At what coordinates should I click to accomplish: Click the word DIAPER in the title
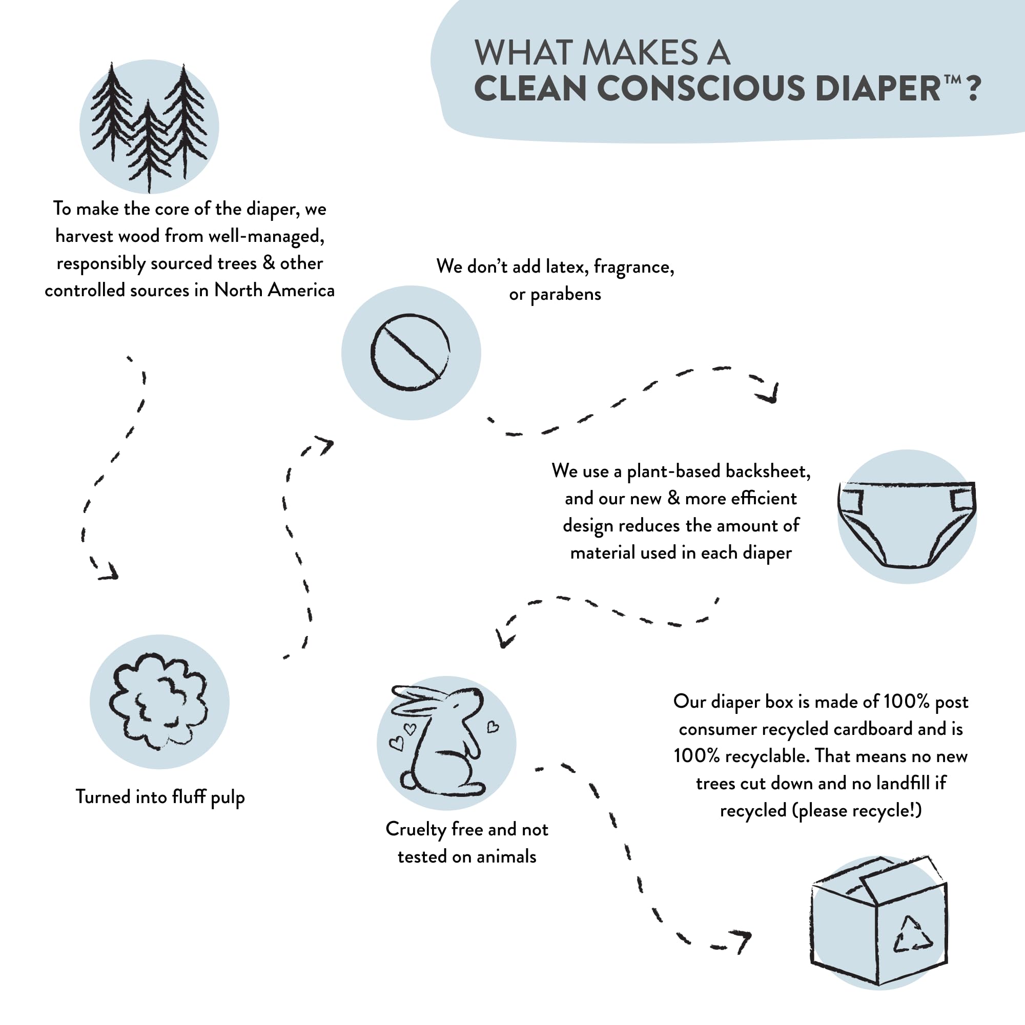(877, 89)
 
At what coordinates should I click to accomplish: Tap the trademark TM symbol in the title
(952, 79)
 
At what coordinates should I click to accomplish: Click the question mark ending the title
(974, 89)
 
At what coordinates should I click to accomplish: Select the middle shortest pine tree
(149, 146)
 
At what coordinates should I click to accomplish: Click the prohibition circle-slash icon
(410, 352)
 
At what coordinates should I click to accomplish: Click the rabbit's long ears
(419, 699)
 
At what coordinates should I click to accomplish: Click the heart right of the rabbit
(493, 726)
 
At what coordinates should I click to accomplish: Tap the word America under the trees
(301, 290)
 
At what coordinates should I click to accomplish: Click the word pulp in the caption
(228, 797)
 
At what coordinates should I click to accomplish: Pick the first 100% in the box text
(907, 702)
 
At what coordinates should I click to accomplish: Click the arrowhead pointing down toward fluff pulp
(109, 571)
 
